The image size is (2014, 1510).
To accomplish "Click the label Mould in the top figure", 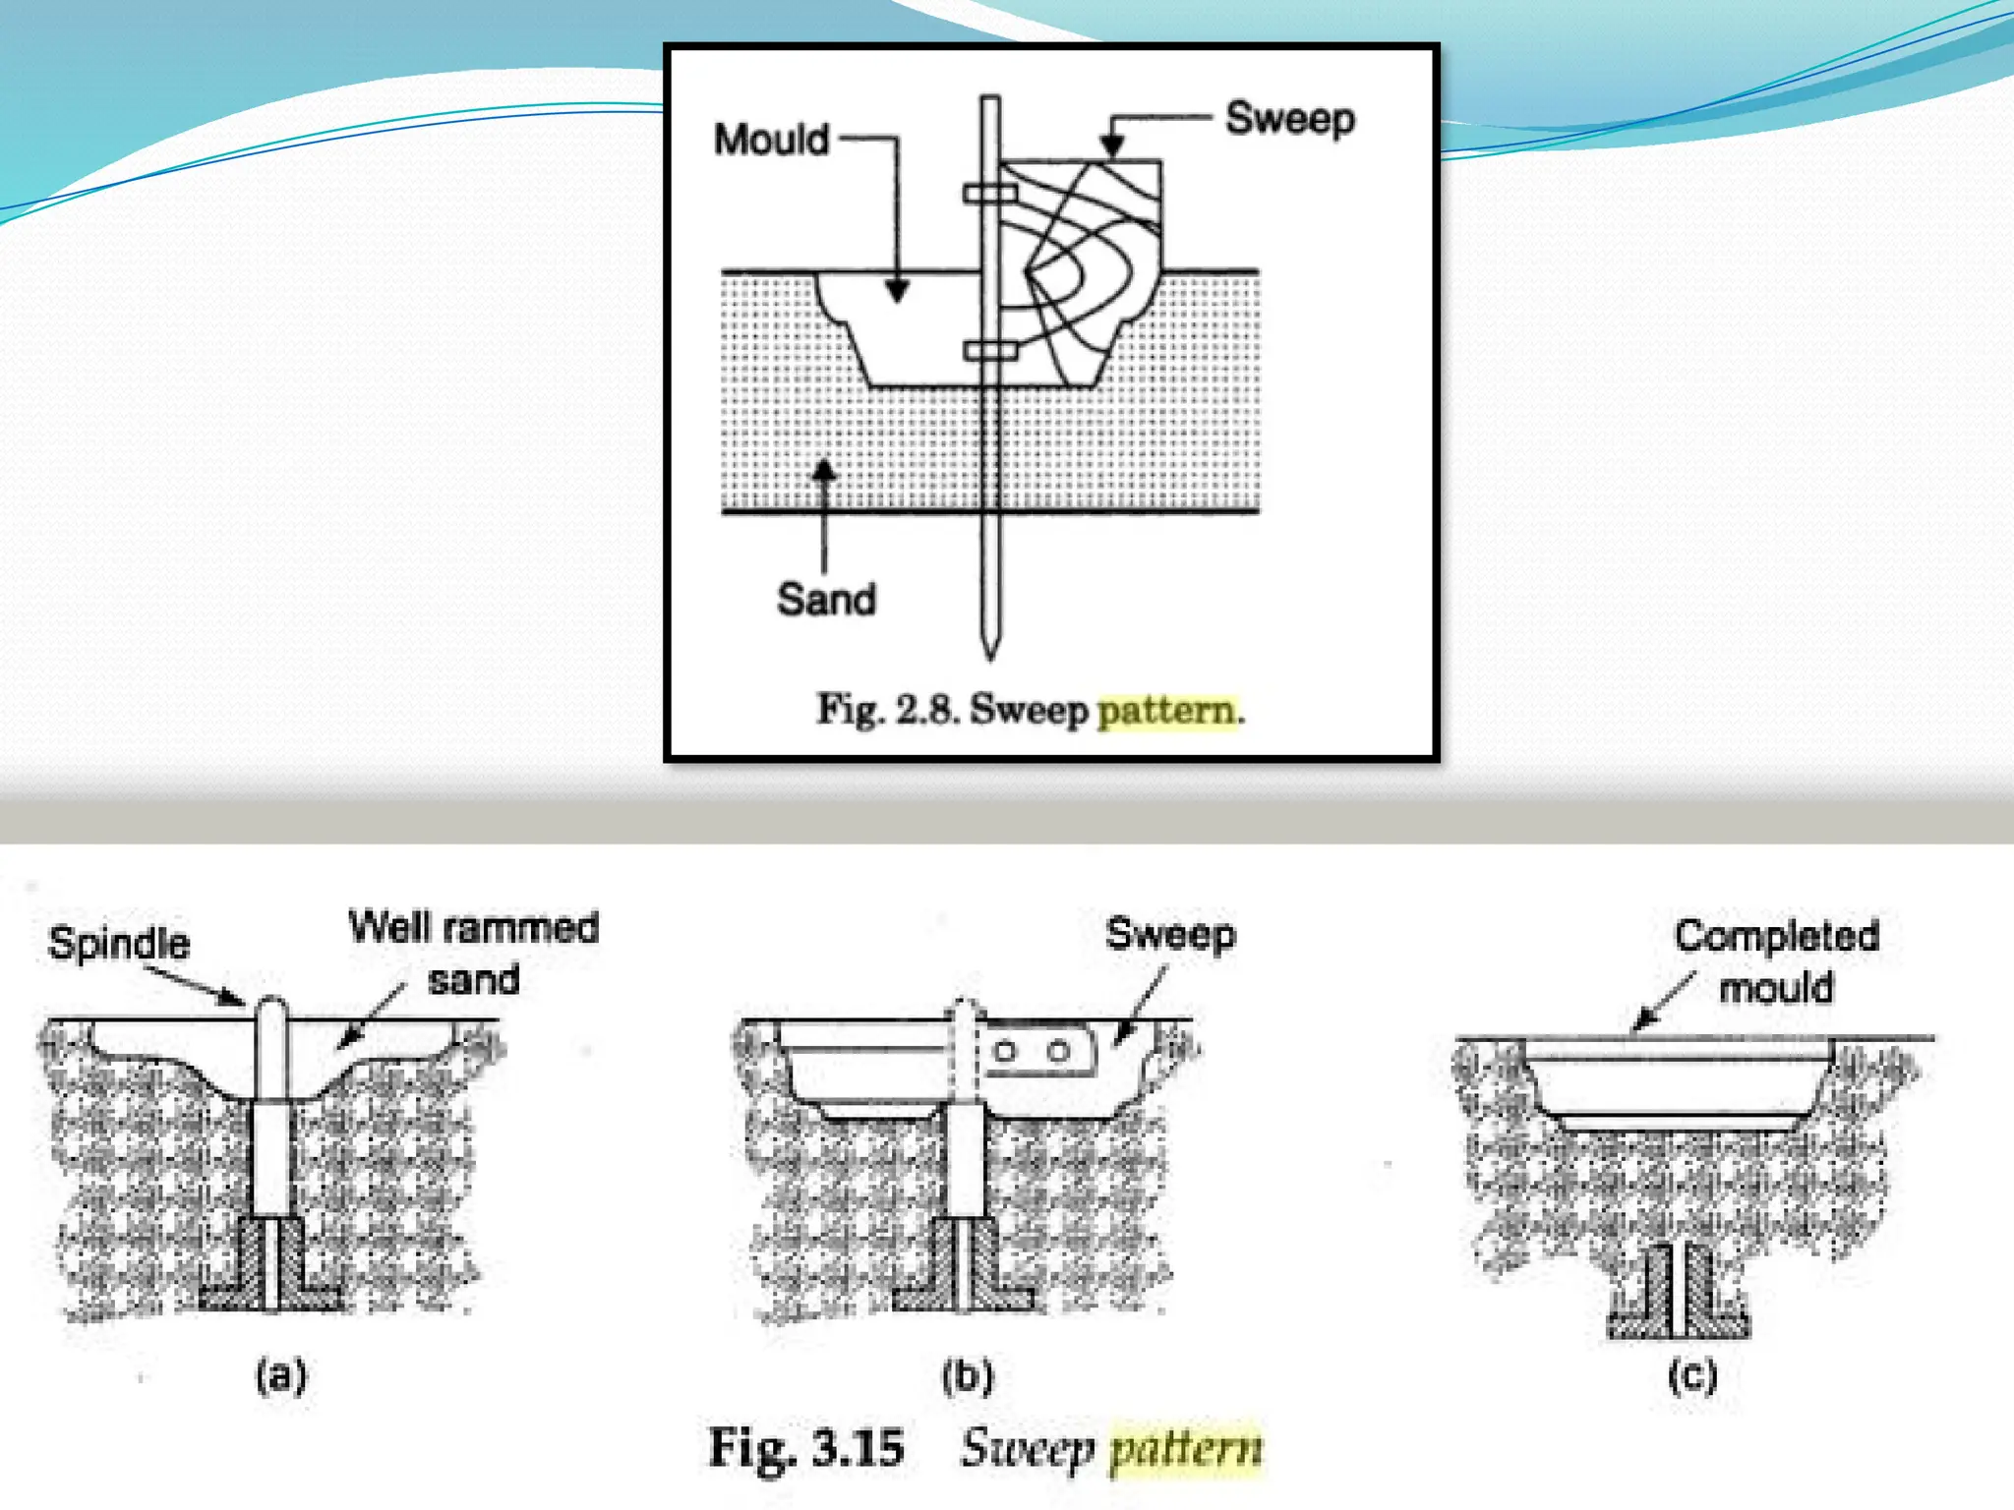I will pos(772,140).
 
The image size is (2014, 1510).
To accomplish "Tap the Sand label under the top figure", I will pos(826,599).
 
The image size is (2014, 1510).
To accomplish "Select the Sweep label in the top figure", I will pos(1289,119).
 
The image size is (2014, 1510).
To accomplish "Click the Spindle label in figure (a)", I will pos(119,943).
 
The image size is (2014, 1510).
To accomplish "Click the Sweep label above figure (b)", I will pos(1170,934).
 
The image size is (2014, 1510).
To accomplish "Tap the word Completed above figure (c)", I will pos(1777,936).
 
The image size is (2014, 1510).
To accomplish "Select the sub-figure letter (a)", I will pos(281,1374).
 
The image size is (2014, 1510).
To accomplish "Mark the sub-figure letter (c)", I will pos(1691,1374).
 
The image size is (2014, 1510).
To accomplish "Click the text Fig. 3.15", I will pos(806,1448).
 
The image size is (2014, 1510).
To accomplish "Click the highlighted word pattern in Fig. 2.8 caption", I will pos(1166,710).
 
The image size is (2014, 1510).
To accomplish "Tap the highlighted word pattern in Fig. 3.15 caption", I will pos(1186,1448).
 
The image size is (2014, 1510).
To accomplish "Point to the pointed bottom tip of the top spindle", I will pos(990,651).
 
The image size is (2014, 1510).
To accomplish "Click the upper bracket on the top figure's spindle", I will pos(989,194).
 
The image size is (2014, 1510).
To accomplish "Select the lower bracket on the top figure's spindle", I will pos(989,350).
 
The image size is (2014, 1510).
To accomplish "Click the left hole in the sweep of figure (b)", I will pos(1004,1051).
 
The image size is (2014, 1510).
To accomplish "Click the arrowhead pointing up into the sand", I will pos(824,471).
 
